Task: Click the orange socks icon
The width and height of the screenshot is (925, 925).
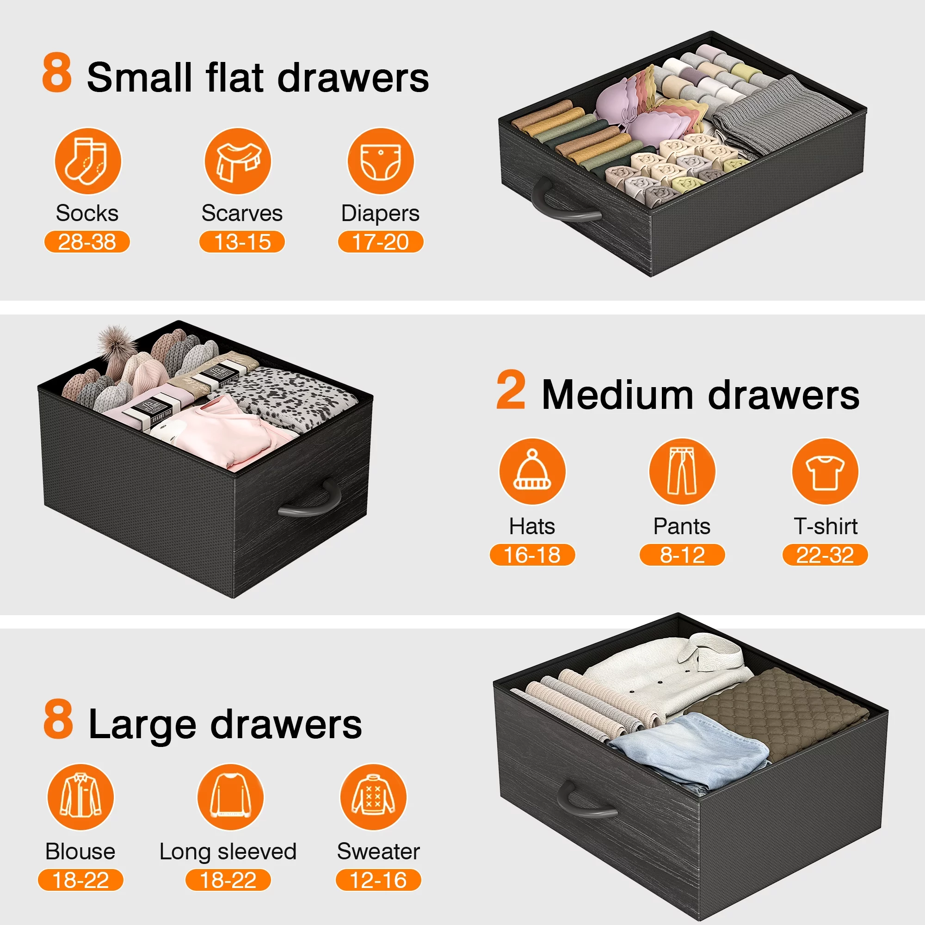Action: (87, 161)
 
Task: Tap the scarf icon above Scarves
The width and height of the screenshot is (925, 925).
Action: (237, 161)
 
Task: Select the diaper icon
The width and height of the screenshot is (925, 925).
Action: (381, 161)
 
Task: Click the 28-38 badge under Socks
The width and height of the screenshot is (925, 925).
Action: (87, 242)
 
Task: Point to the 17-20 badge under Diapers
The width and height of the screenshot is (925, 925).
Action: (381, 242)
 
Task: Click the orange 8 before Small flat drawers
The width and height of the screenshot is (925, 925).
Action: (57, 72)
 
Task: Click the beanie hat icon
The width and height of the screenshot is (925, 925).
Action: (532, 472)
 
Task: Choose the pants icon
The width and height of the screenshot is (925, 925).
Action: (682, 472)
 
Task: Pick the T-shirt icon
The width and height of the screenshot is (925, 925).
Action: (826, 472)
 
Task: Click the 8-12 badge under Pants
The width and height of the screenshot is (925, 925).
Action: (682, 555)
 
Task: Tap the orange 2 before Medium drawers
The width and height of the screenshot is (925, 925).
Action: (511, 390)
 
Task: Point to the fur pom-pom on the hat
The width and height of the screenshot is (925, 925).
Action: (113, 341)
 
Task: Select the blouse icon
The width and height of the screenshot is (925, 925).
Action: (80, 797)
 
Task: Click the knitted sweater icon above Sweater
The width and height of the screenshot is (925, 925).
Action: (373, 797)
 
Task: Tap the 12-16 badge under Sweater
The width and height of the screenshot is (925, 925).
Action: (378, 880)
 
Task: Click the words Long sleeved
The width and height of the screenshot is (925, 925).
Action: (228, 852)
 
